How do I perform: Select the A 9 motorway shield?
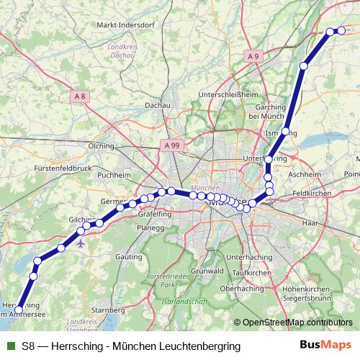(x=252, y=56)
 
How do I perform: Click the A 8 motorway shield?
(x=80, y=96)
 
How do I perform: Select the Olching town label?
(x=101, y=145)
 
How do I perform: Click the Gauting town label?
(x=128, y=256)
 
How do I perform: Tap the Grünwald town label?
(x=207, y=271)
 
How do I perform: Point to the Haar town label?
(x=310, y=224)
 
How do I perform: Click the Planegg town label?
(x=151, y=227)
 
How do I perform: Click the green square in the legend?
(x=10, y=346)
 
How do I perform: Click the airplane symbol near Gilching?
(x=80, y=243)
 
